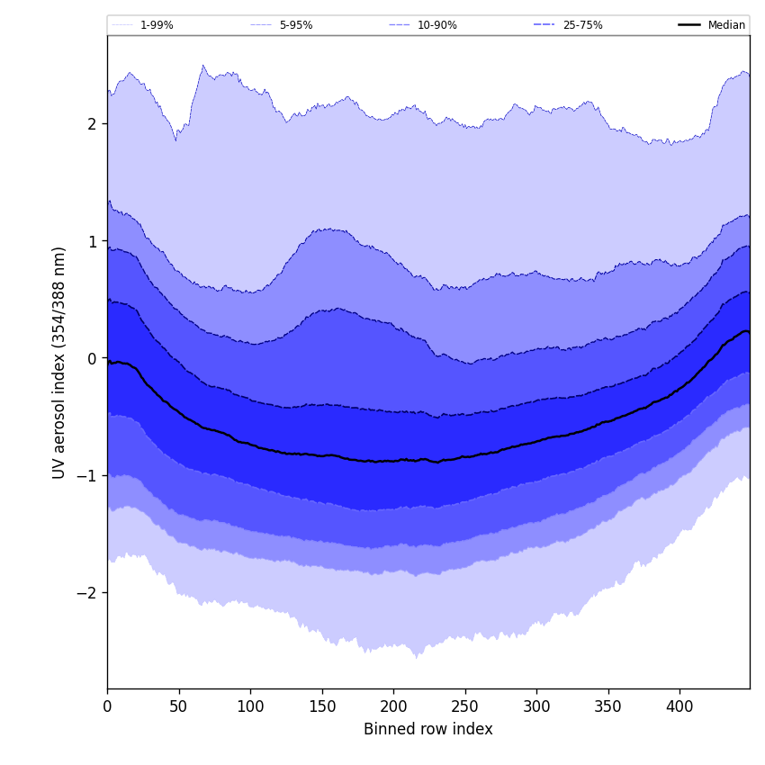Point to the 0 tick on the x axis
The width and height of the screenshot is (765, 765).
point(107,707)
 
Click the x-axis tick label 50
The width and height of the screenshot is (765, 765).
point(178,707)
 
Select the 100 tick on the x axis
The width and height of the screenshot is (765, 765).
point(250,707)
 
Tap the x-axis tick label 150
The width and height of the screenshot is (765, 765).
point(321,707)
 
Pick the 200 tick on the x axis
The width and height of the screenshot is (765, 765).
point(393,707)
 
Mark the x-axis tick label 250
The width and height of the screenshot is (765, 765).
point(464,707)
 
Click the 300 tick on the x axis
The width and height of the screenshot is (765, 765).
point(536,707)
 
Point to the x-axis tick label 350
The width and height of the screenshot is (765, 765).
point(607,707)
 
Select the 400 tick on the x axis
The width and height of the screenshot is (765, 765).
point(679,707)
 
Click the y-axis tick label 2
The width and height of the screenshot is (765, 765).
point(92,124)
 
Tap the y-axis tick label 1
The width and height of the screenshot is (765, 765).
point(92,241)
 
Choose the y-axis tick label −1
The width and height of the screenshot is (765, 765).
point(87,475)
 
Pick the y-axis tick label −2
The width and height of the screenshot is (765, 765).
point(87,592)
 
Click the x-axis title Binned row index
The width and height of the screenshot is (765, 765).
point(428,730)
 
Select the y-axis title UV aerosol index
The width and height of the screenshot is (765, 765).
point(59,362)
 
